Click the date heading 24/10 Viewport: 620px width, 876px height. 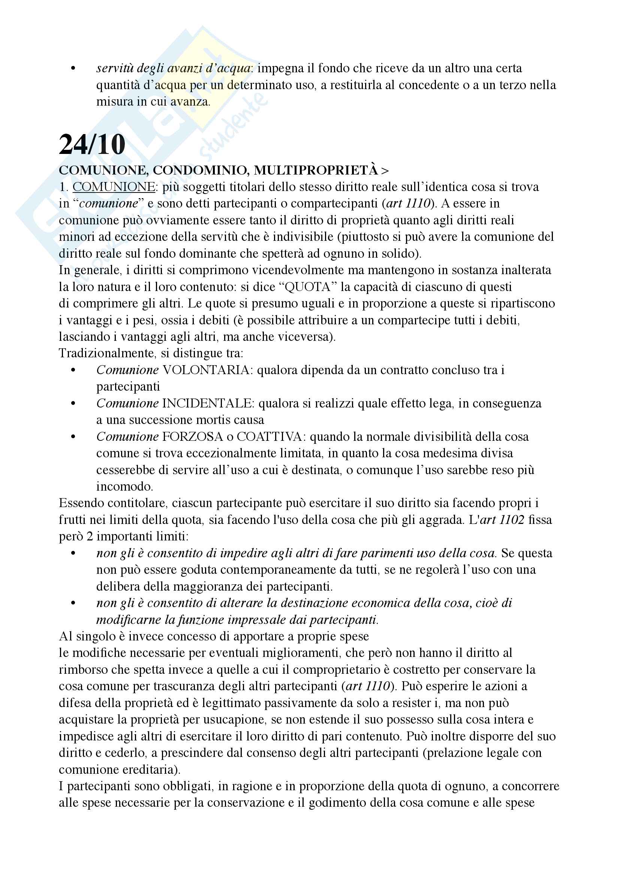click(x=92, y=145)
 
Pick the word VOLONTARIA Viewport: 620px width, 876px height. click(x=206, y=370)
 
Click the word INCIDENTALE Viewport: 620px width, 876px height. click(x=208, y=403)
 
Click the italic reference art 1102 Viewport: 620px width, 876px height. click(x=502, y=520)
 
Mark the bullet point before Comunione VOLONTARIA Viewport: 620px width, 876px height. click(x=73, y=370)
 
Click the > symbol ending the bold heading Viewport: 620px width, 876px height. click(x=385, y=170)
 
